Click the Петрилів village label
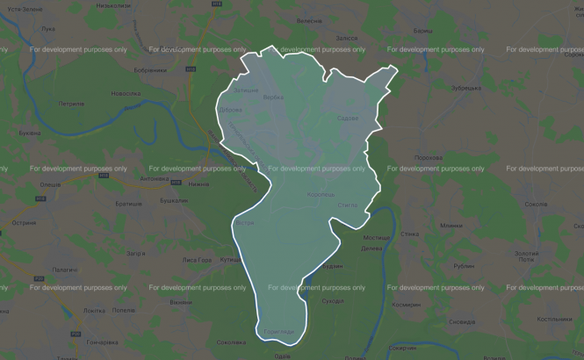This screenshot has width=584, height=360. click(x=71, y=103)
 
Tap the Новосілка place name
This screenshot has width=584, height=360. click(x=126, y=93)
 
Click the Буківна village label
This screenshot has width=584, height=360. click(x=30, y=133)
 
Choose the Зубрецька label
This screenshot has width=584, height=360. click(x=465, y=88)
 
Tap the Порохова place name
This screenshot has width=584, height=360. click(x=428, y=157)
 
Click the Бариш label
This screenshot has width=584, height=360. click(x=422, y=31)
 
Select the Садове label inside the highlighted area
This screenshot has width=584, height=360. click(x=348, y=118)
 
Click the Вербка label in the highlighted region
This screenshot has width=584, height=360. click(x=273, y=97)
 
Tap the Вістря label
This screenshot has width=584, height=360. click(x=245, y=224)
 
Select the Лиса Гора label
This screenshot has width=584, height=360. click(x=197, y=260)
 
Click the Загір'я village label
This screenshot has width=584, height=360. click(x=135, y=253)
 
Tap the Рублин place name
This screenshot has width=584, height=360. click(x=464, y=265)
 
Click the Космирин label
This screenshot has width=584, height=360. click(x=407, y=304)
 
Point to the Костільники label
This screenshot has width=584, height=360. click(x=554, y=319)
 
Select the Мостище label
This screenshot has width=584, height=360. click(x=377, y=238)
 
